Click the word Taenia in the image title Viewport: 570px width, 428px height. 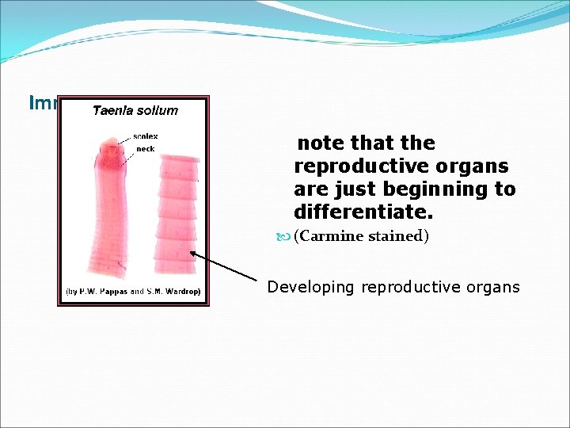click(112, 110)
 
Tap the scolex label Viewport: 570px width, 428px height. click(146, 136)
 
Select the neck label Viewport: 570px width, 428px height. click(145, 148)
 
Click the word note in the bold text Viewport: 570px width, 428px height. click(321, 143)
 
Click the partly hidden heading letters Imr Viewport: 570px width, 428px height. click(42, 103)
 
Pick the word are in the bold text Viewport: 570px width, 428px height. click(309, 190)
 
